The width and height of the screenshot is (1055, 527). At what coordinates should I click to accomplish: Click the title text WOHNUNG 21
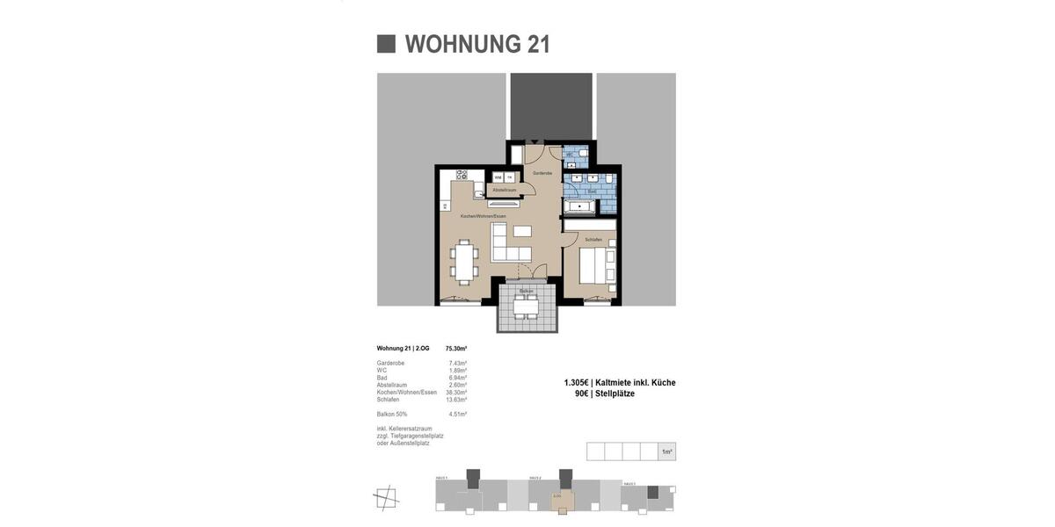[477, 44]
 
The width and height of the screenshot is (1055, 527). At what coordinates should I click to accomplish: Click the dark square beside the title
[386, 44]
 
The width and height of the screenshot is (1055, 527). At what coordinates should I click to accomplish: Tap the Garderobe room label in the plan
[542, 173]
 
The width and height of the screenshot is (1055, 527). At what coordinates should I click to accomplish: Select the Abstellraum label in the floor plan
[505, 190]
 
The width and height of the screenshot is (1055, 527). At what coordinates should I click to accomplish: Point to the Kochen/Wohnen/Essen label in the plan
[483, 216]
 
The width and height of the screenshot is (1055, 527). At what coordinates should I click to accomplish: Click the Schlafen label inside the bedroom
[593, 240]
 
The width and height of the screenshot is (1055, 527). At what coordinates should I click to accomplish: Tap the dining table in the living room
[464, 262]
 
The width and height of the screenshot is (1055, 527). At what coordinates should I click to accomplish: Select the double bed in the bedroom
[597, 266]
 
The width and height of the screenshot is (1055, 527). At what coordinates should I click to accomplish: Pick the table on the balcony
[526, 308]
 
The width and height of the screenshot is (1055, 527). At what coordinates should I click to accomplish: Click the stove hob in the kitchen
[462, 175]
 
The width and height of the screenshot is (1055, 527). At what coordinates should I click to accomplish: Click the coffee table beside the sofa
[522, 231]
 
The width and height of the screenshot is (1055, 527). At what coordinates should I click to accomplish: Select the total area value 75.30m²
[456, 349]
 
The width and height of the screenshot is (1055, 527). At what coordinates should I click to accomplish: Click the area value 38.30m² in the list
[456, 393]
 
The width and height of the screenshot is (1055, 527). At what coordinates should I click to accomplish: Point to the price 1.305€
[576, 383]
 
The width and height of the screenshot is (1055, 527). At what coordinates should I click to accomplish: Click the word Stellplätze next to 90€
[615, 394]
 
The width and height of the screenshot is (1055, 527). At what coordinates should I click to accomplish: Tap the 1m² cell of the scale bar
[666, 451]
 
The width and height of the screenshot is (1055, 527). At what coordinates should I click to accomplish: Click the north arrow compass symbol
[386, 498]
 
